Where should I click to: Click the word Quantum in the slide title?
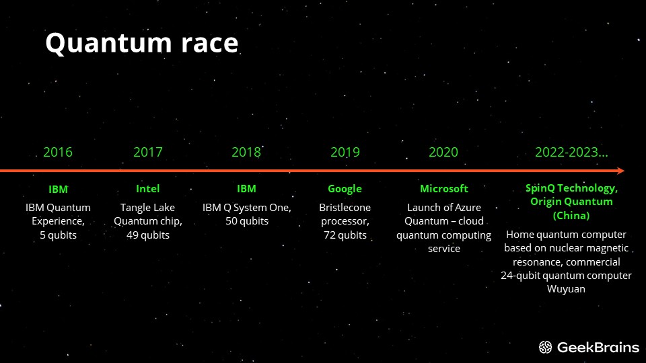click(x=108, y=43)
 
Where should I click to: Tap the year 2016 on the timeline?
click(x=58, y=153)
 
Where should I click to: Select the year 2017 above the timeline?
click(x=148, y=153)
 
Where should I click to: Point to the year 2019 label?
click(x=345, y=153)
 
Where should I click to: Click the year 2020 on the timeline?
click(x=443, y=153)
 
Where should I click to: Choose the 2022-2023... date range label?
click(x=571, y=153)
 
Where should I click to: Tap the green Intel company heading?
click(x=148, y=188)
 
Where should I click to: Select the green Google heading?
click(x=345, y=189)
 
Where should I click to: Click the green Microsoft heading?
click(x=444, y=188)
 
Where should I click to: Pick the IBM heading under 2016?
click(x=58, y=190)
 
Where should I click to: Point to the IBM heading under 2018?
click(x=246, y=188)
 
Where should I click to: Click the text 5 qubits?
click(x=58, y=235)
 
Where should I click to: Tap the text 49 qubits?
click(x=148, y=235)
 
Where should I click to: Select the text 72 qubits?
click(x=345, y=235)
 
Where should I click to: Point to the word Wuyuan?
click(x=566, y=289)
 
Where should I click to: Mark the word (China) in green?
click(x=571, y=216)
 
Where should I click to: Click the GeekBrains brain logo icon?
click(x=546, y=348)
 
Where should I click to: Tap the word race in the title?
click(x=210, y=43)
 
